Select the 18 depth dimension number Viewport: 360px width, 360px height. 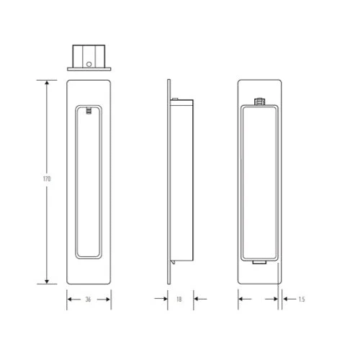click(178, 297)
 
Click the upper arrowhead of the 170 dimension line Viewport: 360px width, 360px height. click(47, 84)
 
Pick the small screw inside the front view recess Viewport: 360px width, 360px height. click(88, 111)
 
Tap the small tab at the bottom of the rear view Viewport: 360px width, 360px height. click(259, 264)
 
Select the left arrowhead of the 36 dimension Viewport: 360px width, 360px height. click(70, 297)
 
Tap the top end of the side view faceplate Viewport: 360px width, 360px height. click(169, 81)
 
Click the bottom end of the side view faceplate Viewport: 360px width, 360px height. click(169, 283)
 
